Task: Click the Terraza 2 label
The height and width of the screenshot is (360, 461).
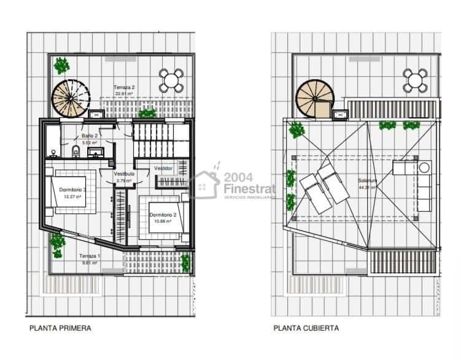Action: coord(124,88)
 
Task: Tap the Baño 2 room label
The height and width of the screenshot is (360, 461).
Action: coord(90,136)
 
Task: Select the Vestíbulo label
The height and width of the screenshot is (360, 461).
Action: coord(124,174)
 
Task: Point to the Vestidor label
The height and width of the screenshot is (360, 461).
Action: coord(163,168)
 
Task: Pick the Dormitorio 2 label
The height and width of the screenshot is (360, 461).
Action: coord(163,215)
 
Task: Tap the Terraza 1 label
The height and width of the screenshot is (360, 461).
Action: coord(90,256)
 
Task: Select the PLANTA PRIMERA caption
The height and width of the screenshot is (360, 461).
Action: coord(60,328)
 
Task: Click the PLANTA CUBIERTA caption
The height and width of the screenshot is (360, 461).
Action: coord(306,328)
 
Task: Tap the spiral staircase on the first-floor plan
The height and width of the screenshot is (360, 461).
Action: coord(69,98)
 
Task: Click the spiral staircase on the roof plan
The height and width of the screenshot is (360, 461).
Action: coord(314,98)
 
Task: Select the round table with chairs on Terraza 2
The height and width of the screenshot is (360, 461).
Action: coord(172,80)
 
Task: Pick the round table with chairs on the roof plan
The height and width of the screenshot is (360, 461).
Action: coord(416,80)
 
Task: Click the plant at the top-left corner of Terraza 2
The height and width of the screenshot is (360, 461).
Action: coord(61,65)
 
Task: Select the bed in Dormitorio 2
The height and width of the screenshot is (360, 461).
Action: coord(165,216)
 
